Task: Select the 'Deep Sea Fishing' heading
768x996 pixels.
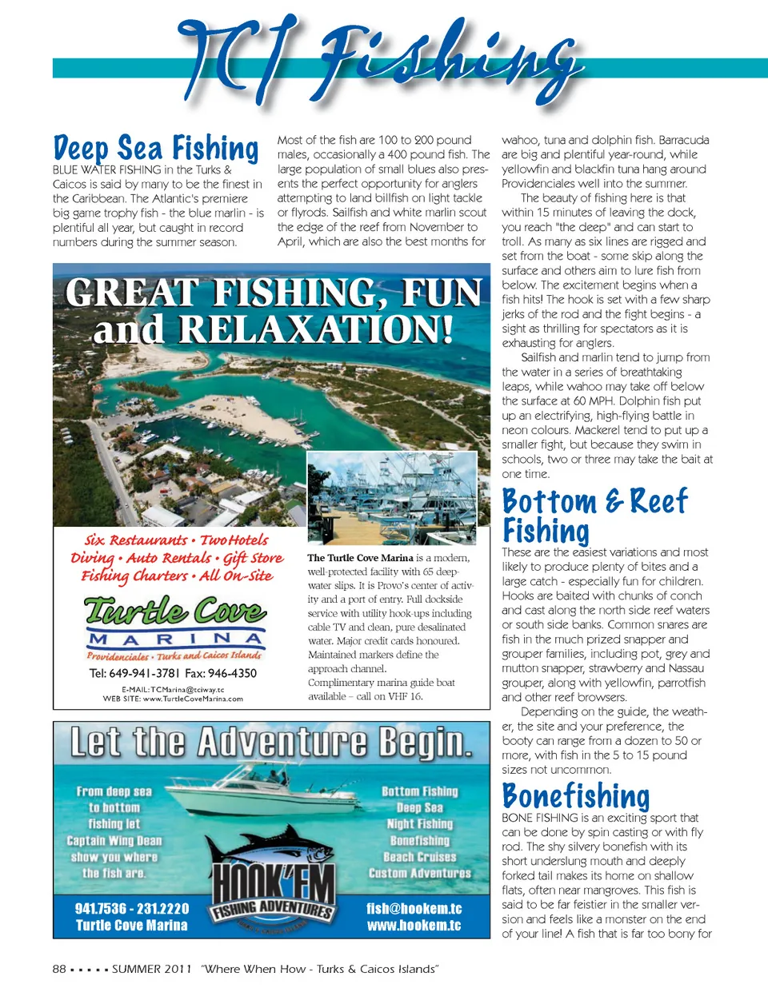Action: (x=156, y=149)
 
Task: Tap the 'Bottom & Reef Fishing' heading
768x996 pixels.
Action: (x=594, y=516)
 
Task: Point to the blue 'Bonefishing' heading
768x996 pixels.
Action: (x=576, y=795)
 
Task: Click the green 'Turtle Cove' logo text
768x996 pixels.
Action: (x=175, y=611)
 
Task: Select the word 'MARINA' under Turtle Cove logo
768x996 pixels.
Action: (x=175, y=639)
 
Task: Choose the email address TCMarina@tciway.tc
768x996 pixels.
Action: (x=173, y=689)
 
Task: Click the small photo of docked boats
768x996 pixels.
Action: (x=392, y=496)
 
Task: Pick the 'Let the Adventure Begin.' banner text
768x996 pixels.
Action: (x=271, y=742)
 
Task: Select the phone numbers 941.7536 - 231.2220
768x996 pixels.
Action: (x=132, y=909)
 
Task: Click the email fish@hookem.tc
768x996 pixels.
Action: (x=414, y=909)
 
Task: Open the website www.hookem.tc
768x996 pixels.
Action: (x=414, y=926)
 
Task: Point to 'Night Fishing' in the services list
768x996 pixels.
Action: (x=420, y=824)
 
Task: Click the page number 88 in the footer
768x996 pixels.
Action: (x=59, y=969)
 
